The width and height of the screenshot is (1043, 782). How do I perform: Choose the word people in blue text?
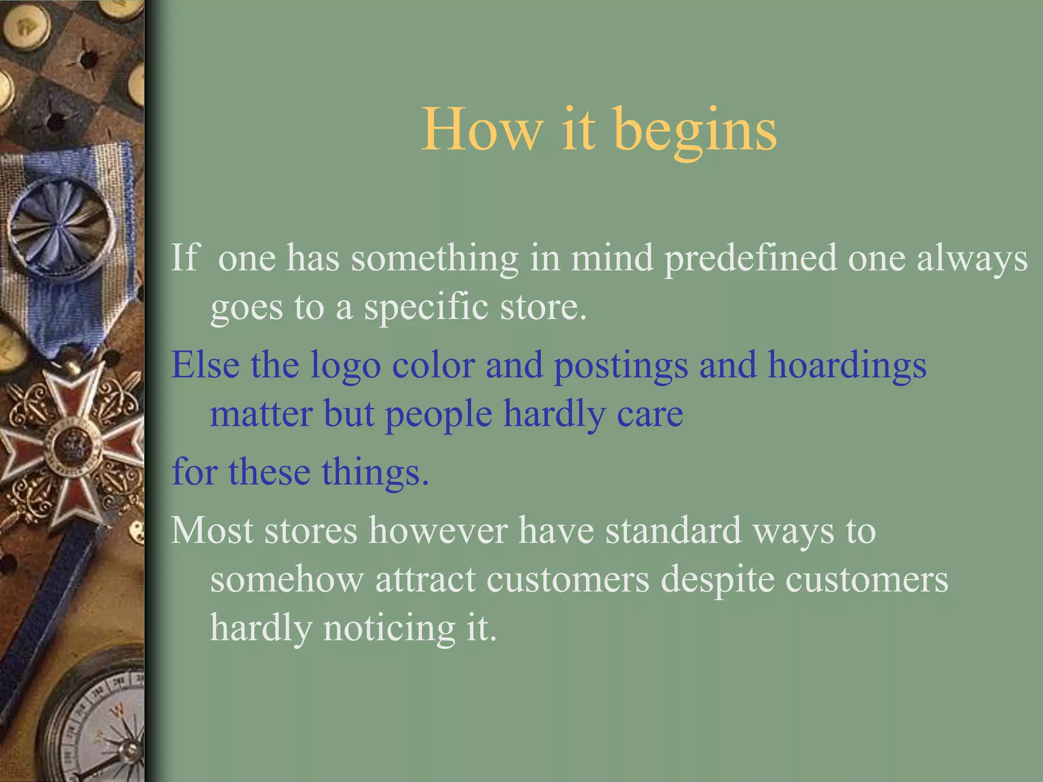point(438,415)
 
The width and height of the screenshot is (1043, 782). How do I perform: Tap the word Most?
point(212,530)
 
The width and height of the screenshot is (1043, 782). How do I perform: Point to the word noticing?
point(389,629)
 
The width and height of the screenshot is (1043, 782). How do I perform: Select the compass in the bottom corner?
point(102,723)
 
